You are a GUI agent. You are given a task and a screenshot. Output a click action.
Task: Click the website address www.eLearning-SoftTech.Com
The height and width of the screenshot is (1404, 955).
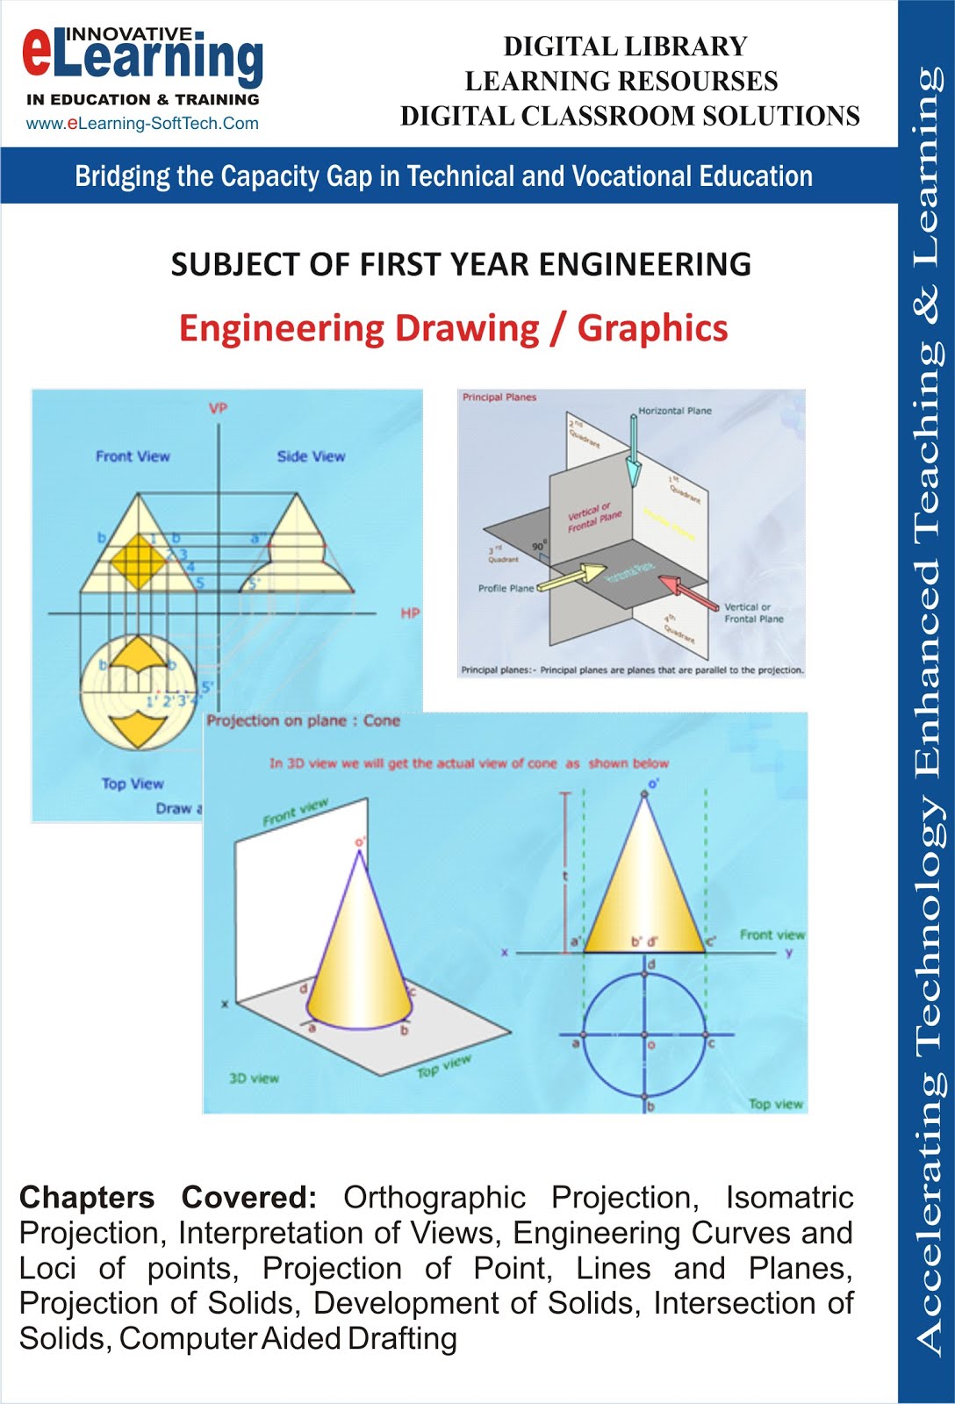[142, 124]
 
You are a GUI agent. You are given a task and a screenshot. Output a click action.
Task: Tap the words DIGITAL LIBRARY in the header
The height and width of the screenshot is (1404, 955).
[625, 47]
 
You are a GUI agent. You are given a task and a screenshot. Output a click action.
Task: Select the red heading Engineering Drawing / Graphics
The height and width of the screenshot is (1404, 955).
[453, 328]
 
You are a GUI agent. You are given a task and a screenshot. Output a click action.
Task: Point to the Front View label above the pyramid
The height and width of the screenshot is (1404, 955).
[133, 456]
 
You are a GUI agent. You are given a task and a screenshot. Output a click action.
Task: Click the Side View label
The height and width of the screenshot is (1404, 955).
[311, 456]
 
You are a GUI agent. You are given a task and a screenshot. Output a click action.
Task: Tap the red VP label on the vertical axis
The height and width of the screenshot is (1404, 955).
[218, 408]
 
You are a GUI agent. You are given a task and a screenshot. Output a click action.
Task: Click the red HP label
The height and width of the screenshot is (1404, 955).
[409, 613]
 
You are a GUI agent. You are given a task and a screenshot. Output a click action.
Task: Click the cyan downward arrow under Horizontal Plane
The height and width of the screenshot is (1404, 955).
[633, 452]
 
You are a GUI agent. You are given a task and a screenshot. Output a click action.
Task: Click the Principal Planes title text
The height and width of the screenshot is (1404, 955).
[499, 398]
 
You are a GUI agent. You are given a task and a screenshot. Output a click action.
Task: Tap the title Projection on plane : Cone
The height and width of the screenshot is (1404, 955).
[303, 721]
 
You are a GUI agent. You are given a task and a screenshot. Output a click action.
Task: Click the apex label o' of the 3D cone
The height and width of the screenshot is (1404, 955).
[360, 843]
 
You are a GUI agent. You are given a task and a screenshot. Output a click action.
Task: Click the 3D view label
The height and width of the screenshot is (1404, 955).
[254, 1078]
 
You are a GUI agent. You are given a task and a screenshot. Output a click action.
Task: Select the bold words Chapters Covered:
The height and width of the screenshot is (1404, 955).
[168, 1198]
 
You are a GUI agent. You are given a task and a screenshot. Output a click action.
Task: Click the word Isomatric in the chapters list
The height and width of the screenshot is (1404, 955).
[789, 1198]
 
